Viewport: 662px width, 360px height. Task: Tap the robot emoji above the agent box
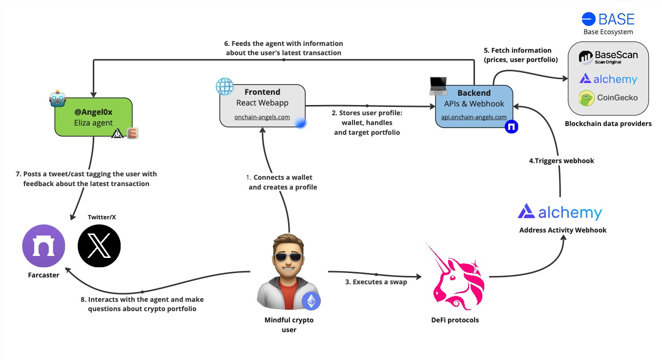57,98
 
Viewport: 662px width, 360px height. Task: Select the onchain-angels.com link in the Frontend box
262,117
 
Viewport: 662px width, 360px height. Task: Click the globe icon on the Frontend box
225,86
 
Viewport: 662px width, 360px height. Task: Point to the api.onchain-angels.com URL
474,117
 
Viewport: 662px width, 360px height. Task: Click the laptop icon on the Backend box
438,86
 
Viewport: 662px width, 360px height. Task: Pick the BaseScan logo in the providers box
608,57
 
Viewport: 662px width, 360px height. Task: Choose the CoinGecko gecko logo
587,98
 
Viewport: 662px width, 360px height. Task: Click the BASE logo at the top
608,19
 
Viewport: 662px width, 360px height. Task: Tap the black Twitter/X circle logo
99,246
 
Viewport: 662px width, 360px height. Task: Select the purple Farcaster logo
43,246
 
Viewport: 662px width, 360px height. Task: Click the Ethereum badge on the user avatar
311,301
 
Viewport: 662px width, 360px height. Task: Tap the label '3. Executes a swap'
376,282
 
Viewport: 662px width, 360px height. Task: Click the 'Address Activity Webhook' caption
562,230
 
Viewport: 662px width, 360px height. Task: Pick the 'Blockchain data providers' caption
608,124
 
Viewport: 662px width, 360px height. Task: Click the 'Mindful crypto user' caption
289,325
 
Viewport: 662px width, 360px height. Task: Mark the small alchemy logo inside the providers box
608,79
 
